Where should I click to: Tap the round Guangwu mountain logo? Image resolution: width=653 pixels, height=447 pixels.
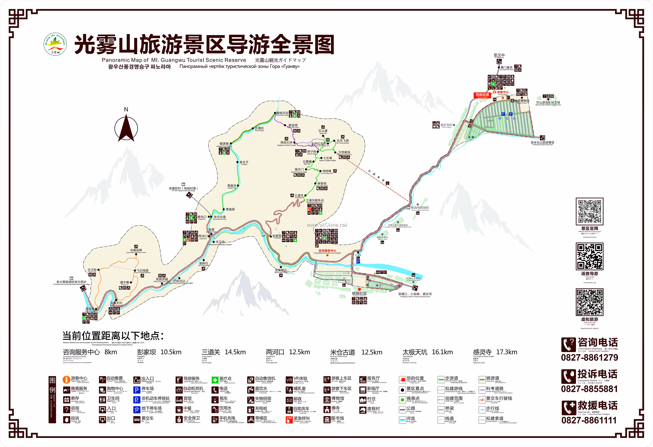tap(55, 44)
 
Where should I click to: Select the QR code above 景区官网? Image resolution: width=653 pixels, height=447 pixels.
tap(590, 211)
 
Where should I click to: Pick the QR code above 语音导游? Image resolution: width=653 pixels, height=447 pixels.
tap(590, 256)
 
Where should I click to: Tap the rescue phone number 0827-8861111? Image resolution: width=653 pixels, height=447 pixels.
tap(589, 420)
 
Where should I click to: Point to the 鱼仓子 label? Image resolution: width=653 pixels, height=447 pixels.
tap(244, 162)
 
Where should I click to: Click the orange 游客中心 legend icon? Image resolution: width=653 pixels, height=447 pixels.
tap(66, 380)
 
